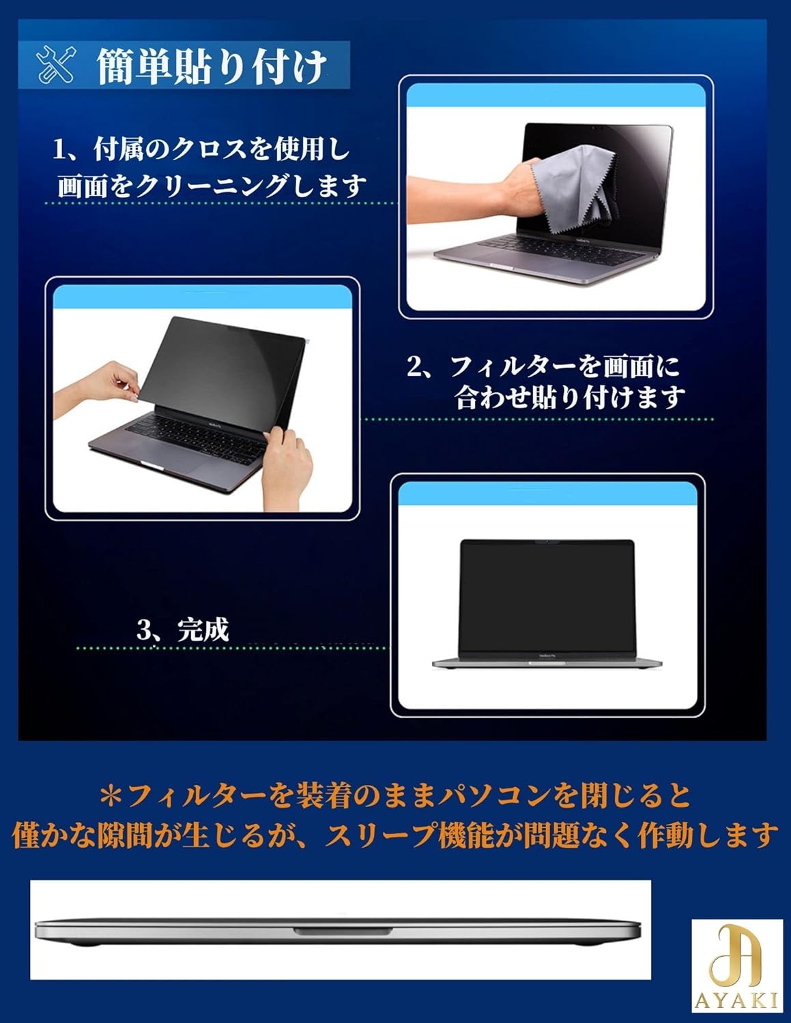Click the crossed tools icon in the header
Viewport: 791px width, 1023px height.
click(56, 66)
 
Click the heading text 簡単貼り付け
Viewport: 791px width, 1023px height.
click(212, 67)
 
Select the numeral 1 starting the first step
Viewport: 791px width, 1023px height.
click(60, 149)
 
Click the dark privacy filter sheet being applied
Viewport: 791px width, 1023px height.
click(218, 368)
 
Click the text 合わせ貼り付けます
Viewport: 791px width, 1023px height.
click(570, 398)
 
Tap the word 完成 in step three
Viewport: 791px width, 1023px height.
click(203, 629)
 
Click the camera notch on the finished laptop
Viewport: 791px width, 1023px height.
click(547, 543)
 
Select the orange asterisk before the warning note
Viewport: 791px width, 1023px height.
click(110, 795)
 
